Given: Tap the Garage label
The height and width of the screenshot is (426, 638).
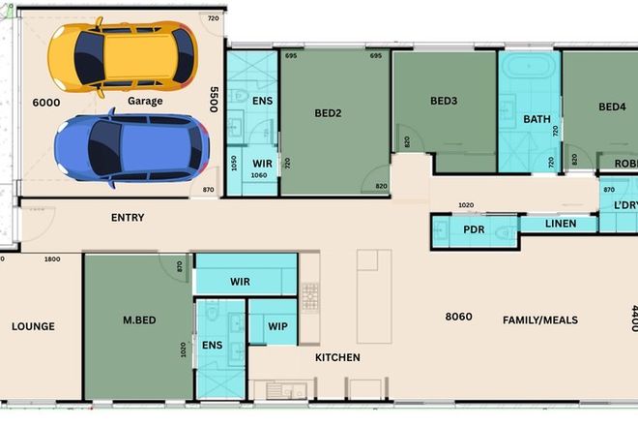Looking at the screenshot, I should [x=144, y=101].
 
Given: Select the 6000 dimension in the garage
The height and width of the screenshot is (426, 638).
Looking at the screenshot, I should [x=46, y=102].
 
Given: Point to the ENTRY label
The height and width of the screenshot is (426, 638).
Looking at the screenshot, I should [x=128, y=218].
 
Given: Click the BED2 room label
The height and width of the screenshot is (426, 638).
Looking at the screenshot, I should [x=329, y=112].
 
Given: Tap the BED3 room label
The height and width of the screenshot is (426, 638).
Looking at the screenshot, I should [x=444, y=102].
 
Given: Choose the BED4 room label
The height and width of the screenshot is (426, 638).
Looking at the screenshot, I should [x=612, y=106].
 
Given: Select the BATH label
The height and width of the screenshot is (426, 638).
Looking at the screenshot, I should [x=536, y=120].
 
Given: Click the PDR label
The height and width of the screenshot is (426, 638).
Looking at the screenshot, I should [x=474, y=230].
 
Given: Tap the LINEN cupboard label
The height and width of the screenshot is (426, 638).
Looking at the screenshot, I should [x=561, y=224].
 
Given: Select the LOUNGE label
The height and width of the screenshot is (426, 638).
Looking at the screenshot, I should [x=34, y=326].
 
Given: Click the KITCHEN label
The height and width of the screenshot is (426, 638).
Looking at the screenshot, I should [x=337, y=357].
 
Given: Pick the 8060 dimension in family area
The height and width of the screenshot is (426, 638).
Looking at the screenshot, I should [x=458, y=317].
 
